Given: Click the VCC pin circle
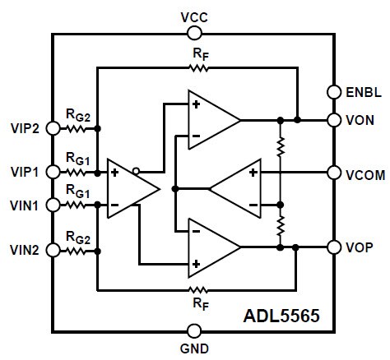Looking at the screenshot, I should tap(194, 33).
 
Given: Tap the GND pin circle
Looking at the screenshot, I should tap(194, 331).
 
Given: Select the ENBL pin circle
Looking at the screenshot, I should tap(334, 91).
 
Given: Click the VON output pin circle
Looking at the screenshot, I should tap(334, 119).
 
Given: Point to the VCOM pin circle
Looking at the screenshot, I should tap(334, 173).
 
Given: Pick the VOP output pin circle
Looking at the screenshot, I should tap(334, 247).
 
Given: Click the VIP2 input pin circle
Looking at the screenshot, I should tap(53, 128).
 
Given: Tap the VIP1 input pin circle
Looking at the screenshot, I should tap(53, 172).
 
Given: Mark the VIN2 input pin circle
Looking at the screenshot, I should tap(53, 247).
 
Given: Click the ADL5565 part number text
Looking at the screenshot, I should tap(281, 315).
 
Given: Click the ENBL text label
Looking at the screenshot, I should tap(362, 91).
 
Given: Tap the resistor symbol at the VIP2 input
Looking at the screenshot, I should tap(76, 128).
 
